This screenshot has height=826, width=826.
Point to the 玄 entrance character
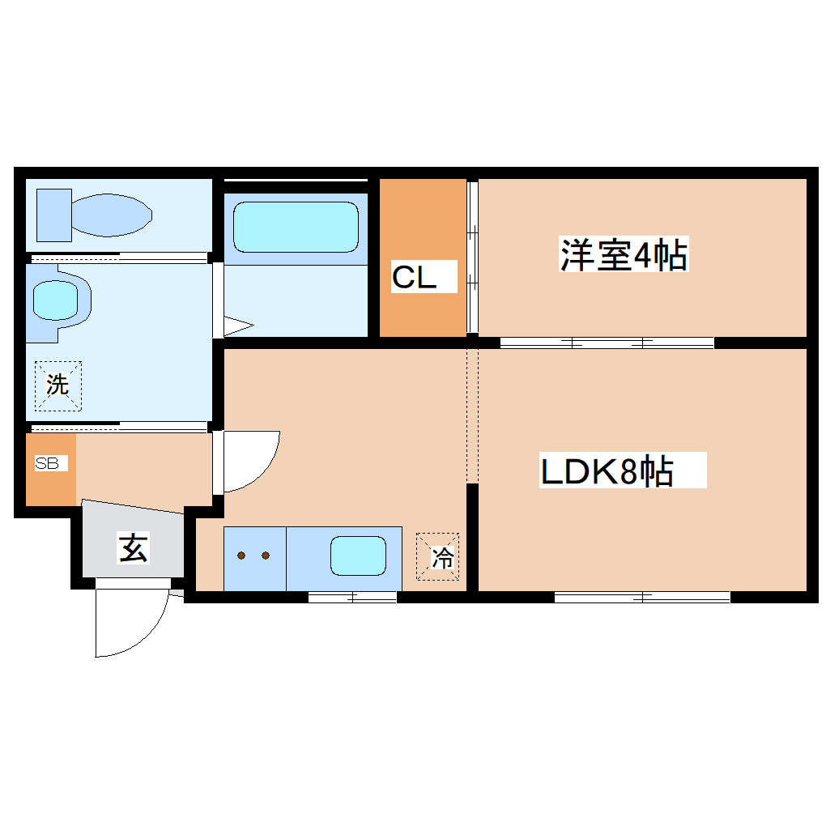[x=134, y=548]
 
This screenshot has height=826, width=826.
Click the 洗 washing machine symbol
[x=57, y=385]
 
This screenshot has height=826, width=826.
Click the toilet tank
[x=54, y=215]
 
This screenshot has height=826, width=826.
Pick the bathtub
[x=296, y=228]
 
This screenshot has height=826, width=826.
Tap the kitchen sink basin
[x=357, y=556]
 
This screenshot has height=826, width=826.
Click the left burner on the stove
[x=242, y=556]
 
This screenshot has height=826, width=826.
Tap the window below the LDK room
[x=642, y=598]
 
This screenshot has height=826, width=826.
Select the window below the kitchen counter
[x=352, y=598]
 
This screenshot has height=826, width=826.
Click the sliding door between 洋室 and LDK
[x=607, y=343]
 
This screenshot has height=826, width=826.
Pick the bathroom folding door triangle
[x=236, y=326]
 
